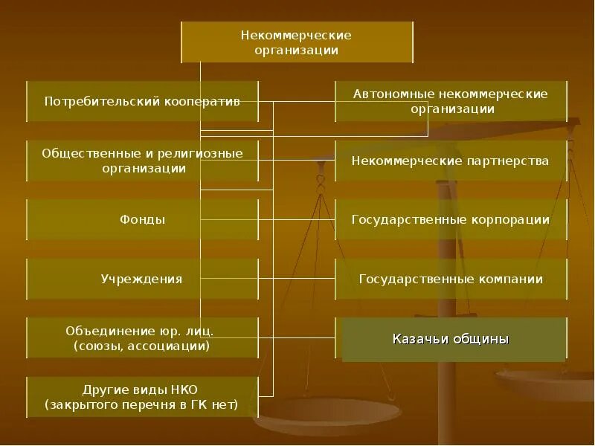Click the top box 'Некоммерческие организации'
[x=297, y=42]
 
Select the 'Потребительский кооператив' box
[x=142, y=101]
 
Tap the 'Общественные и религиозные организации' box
[x=142, y=161]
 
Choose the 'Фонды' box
[x=142, y=219]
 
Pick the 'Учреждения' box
[x=142, y=279]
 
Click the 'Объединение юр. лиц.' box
[x=142, y=338]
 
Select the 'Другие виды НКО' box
[x=142, y=397]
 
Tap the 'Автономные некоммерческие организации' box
[x=450, y=101]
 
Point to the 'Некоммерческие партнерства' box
[x=450, y=161]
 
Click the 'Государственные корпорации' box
[x=450, y=219]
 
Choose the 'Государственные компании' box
[x=450, y=279]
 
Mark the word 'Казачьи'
[x=419, y=339]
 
